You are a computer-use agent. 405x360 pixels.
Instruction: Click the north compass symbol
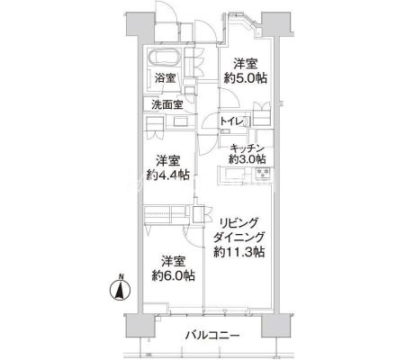120,287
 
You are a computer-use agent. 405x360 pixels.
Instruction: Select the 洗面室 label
167,104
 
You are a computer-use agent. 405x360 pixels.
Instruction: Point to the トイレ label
231,121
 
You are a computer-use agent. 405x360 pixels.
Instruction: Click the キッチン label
247,148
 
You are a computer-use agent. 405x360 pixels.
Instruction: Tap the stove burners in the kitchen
263,174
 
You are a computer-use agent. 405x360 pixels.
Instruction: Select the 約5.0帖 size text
246,78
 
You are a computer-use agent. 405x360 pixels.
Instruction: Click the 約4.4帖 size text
168,175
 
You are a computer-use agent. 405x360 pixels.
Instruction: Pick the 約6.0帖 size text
174,275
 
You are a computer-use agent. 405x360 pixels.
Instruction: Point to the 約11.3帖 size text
239,252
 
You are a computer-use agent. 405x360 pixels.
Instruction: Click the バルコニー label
212,335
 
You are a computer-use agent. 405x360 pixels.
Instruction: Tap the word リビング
238,223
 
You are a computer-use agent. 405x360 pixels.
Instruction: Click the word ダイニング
239,238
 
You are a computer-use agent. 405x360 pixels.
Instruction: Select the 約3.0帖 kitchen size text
247,159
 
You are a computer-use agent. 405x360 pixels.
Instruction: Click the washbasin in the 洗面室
181,122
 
